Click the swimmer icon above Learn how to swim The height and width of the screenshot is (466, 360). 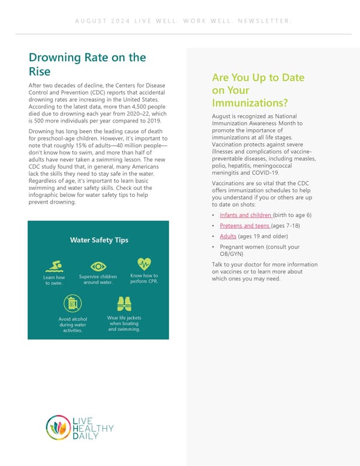point(55,265)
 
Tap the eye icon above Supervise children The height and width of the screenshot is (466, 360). point(98,266)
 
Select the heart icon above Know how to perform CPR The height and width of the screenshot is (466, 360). point(144,264)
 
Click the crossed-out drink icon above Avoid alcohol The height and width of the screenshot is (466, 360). point(72,303)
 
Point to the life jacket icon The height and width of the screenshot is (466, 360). point(124,303)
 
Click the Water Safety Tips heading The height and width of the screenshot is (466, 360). point(99,240)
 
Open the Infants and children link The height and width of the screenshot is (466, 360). point(246,215)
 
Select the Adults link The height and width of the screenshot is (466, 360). point(228,237)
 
